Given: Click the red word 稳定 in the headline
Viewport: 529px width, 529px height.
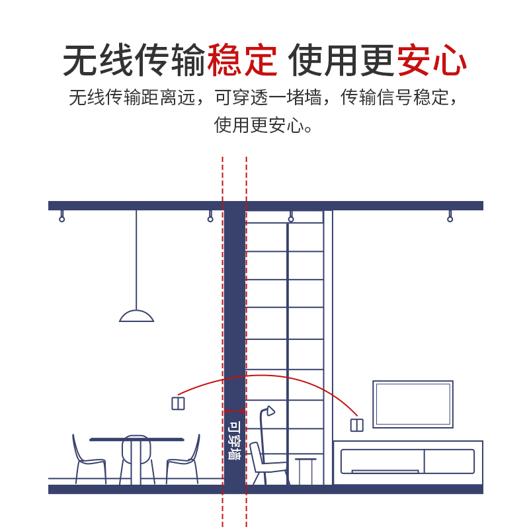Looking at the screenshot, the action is coord(242,61).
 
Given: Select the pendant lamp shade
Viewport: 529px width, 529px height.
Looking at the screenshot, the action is coord(136,315).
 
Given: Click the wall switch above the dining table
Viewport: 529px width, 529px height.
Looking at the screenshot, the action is coord(178,403).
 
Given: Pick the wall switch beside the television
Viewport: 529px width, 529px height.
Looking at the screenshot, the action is coord(356,425).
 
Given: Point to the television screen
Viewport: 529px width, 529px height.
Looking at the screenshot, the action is coord(413,404).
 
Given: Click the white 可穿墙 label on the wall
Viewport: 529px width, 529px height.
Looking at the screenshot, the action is coord(234,441).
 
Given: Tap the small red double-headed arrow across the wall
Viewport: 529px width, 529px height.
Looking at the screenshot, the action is coord(234,411).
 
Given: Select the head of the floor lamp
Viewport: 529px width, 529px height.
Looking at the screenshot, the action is coord(269,411).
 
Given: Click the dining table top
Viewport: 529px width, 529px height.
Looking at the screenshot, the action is coord(136,439).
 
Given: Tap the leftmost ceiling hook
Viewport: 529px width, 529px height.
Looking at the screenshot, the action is coord(62,218).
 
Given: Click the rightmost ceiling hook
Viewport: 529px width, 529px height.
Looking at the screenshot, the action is coord(450,218).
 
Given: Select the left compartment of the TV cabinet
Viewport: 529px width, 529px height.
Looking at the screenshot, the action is coord(380,461).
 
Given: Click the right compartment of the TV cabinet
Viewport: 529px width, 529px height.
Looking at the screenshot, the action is coord(448,461).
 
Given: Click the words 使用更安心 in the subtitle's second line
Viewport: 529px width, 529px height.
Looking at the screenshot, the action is coord(263,124).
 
